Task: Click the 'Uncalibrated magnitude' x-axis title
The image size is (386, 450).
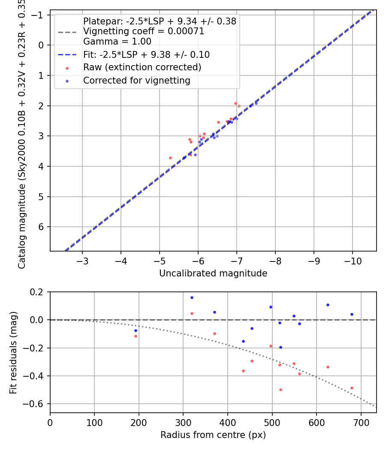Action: coord(213,273)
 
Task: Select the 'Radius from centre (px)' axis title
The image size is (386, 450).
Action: coord(213,435)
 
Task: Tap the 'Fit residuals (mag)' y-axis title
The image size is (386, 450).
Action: coord(13,352)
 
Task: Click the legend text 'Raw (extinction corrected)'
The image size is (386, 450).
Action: coord(142,67)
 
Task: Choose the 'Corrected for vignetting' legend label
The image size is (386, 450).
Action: coord(136,80)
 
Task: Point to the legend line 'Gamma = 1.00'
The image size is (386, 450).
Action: coord(117,42)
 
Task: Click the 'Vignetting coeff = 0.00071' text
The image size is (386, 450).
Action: coord(144,31)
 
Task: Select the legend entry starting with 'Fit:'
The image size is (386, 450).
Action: coord(146,54)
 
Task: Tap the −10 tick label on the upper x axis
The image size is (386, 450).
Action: coord(352,261)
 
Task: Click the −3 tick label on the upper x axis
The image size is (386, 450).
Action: coord(82,261)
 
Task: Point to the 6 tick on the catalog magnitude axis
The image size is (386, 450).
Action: coord(42,227)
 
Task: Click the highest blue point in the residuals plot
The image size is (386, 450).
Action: coord(192,297)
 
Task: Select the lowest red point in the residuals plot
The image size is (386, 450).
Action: coord(280,390)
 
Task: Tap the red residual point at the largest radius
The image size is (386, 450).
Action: coord(352,388)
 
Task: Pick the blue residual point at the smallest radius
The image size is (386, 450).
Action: coord(136,330)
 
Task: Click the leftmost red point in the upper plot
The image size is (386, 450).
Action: coord(170,158)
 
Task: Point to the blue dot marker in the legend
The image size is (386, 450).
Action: coord(66,81)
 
